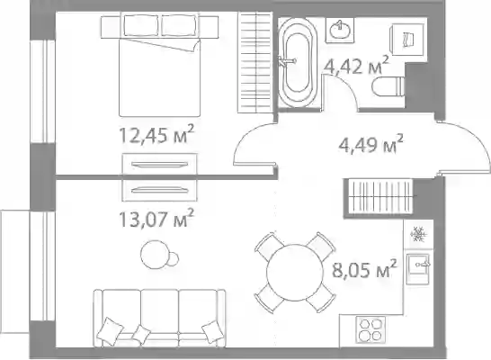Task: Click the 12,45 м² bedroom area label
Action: coord(156,134)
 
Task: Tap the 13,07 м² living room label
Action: coord(156,218)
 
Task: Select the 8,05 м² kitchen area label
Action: coord(364,269)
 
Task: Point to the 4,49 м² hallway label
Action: coord(371,144)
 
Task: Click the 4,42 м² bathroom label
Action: coord(356,66)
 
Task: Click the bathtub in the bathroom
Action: coord(298,61)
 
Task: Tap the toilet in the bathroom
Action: coord(388,86)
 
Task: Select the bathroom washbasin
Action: coord(340,30)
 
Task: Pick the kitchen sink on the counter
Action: coord(418,269)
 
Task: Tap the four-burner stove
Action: coord(370,329)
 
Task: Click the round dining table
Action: coord(295,273)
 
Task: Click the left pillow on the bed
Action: coord(143,25)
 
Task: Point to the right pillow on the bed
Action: coord(180,25)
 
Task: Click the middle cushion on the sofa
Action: coord(140,335)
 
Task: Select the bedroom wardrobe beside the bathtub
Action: coord(254,62)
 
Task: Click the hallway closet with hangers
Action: coord(379,196)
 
